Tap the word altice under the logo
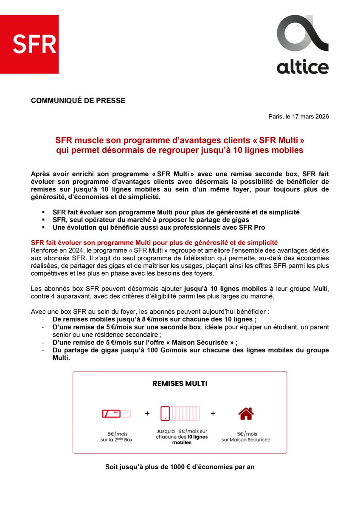tap(302, 67)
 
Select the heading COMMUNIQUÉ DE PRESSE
tap(78, 101)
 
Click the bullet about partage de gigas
tap(151, 219)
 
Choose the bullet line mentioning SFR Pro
tap(159, 227)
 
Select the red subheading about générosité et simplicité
tap(155, 242)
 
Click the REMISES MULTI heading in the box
tap(180, 383)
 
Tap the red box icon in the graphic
tap(111, 413)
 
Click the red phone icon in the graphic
tap(166, 413)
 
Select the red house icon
tap(245, 413)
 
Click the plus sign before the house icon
tap(213, 413)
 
